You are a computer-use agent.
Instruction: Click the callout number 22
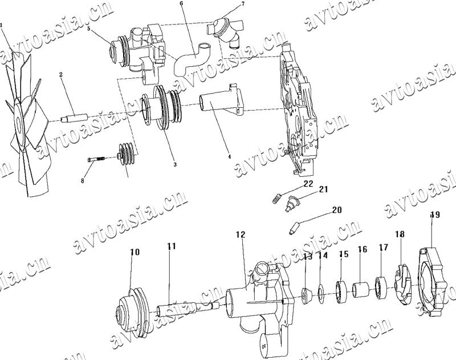pos(308,184)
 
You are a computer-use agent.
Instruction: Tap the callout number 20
pos(336,210)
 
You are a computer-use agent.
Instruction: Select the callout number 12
pos(240,234)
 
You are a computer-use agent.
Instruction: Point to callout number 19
pos(435,215)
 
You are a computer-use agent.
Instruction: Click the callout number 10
pos(135,252)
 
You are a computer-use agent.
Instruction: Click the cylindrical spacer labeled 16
pos(360,289)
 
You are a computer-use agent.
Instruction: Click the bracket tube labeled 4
pos(219,105)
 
